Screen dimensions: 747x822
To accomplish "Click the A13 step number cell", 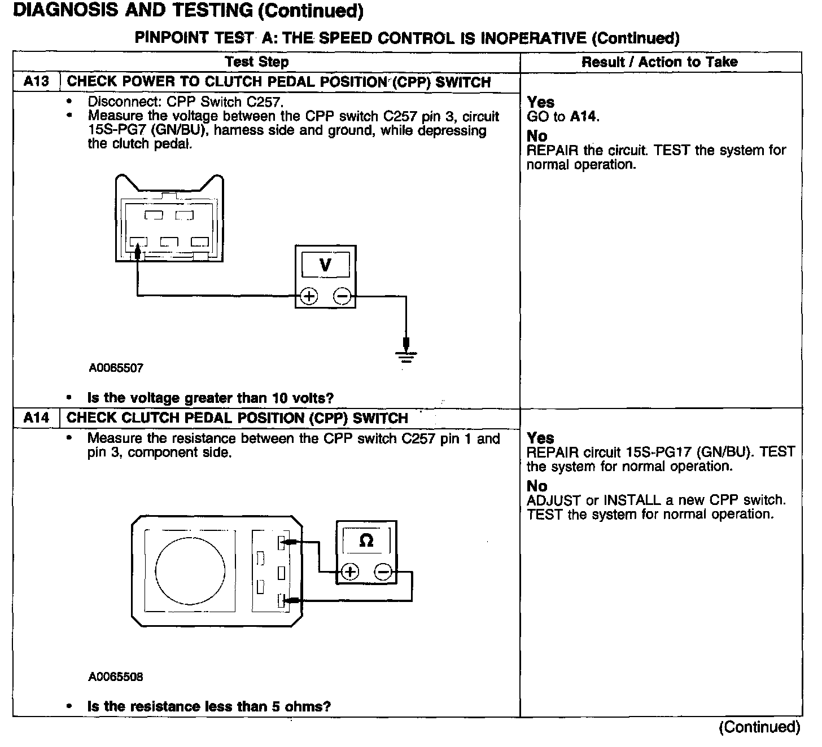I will point(36,81).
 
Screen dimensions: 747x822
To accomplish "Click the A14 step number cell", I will point(36,418).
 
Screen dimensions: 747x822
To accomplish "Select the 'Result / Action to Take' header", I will point(659,62).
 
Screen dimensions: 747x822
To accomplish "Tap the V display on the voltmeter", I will point(325,265).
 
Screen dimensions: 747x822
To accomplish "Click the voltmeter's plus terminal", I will point(308,296).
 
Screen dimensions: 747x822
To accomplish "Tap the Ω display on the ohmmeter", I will point(366,541).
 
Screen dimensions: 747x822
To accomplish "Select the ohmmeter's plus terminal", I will point(350,572).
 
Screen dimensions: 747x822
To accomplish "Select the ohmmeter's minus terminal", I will point(383,572).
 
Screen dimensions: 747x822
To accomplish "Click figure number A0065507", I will point(116,368).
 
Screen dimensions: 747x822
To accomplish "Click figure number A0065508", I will point(116,676).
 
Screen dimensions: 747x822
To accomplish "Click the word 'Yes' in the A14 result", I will point(540,438).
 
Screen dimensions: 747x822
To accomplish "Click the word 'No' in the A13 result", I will point(536,136).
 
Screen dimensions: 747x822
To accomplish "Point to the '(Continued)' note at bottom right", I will point(759,727).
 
